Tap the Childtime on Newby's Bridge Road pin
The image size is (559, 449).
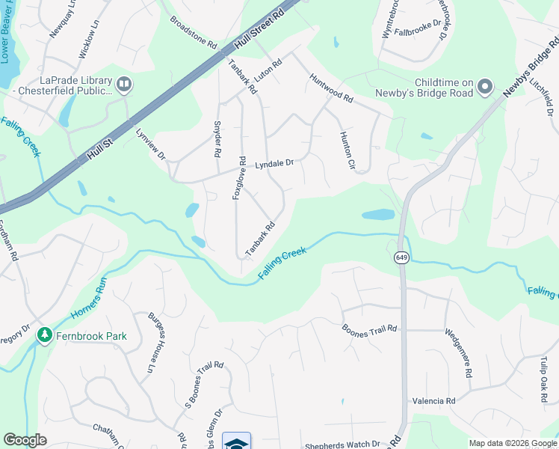coord(485,88)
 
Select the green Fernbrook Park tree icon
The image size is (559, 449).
coord(44,335)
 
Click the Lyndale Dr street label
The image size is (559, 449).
coord(275,163)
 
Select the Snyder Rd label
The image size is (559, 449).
coord(217,138)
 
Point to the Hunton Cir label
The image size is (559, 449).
coord(345,150)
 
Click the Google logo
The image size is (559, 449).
coord(25,440)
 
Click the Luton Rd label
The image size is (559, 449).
coord(268,72)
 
